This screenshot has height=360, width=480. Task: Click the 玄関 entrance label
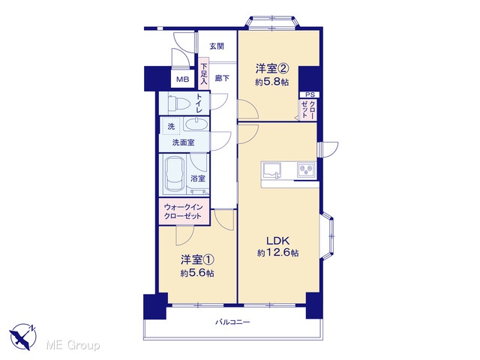(217, 46)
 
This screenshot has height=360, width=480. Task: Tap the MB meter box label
(183, 79)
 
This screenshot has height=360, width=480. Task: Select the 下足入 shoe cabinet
(203, 73)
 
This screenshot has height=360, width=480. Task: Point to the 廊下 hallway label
(222, 78)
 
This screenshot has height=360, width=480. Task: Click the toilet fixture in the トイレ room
(178, 103)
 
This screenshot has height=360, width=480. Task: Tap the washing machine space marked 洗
(171, 126)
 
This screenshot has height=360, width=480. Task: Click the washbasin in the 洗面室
(196, 124)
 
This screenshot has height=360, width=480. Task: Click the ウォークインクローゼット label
(183, 211)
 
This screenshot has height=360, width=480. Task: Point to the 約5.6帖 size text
(197, 273)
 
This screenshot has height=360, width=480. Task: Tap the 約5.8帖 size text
(272, 82)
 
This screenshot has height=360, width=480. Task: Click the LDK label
(278, 241)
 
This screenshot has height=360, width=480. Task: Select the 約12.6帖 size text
(278, 253)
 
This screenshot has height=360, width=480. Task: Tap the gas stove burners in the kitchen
(306, 169)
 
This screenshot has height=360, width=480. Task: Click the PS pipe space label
(310, 94)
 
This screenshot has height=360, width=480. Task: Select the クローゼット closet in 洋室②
(308, 109)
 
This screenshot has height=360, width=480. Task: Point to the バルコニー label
(232, 322)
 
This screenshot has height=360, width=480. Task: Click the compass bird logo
(23, 337)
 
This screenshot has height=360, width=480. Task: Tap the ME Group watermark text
(73, 346)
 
